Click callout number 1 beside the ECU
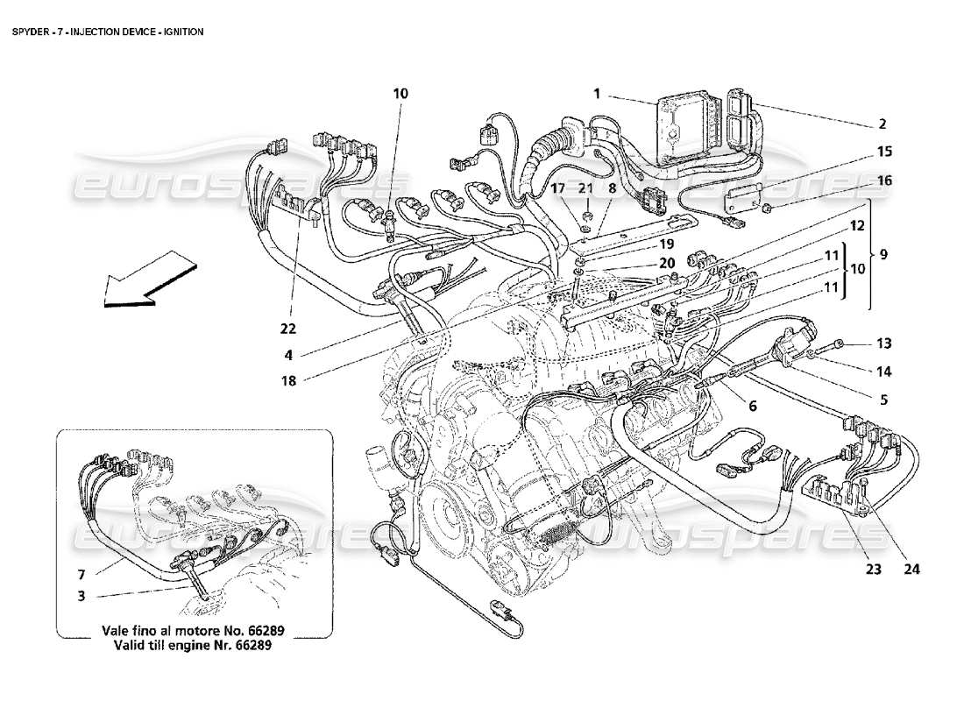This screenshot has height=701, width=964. [597, 92]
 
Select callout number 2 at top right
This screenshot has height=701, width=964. [882, 124]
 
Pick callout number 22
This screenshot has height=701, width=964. [288, 329]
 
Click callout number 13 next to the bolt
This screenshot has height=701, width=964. [882, 343]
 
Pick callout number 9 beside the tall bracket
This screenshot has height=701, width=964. [882, 255]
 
